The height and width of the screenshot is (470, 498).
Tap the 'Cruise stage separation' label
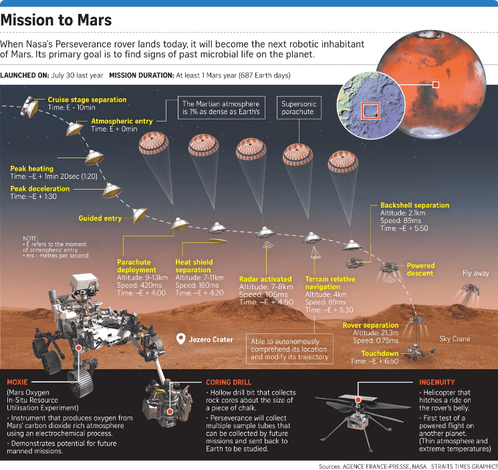(x=87, y=100)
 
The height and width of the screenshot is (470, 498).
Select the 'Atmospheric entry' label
(x=122, y=122)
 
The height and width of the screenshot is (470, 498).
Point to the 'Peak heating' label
(x=31, y=169)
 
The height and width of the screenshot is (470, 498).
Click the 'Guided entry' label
(x=100, y=218)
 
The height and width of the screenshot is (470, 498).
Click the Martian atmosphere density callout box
(x=220, y=108)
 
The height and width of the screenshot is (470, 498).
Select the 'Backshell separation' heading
(x=414, y=205)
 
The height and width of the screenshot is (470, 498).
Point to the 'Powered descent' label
(x=420, y=269)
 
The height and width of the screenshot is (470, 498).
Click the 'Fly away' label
(x=475, y=274)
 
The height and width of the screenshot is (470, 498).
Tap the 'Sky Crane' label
(x=455, y=339)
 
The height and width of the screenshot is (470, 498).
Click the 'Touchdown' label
(x=380, y=353)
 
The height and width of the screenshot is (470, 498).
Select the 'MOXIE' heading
(x=22, y=383)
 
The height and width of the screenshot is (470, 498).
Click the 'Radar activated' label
(x=265, y=278)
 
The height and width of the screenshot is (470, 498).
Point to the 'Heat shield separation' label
(x=196, y=266)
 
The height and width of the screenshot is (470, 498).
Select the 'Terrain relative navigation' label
(x=330, y=282)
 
